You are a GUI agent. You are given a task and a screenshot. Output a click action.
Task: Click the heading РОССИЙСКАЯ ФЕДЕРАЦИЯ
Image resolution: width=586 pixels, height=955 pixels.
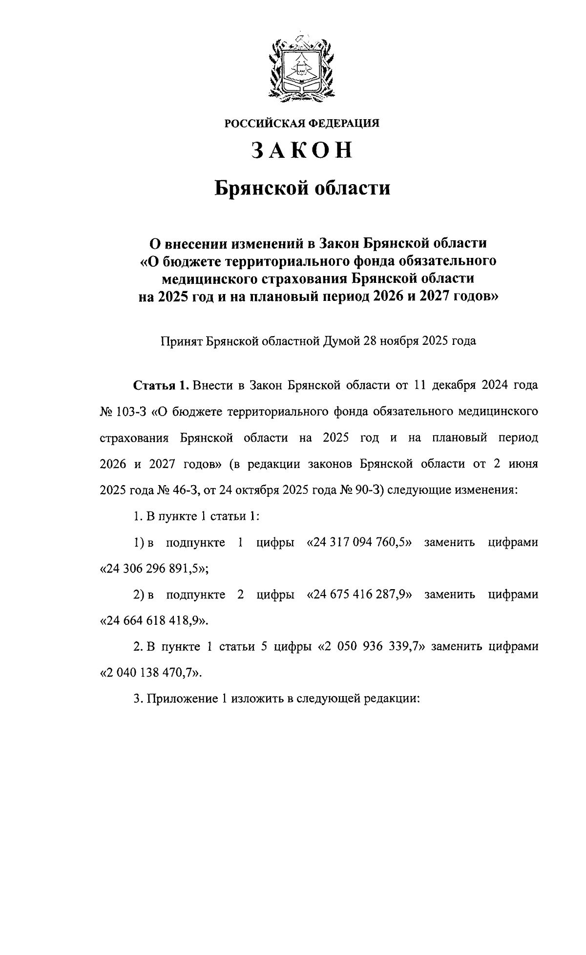302,123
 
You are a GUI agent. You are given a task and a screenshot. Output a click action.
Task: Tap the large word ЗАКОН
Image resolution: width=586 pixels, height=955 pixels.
302,150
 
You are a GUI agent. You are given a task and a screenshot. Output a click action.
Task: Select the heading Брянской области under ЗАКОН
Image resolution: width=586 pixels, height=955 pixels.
303,188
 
